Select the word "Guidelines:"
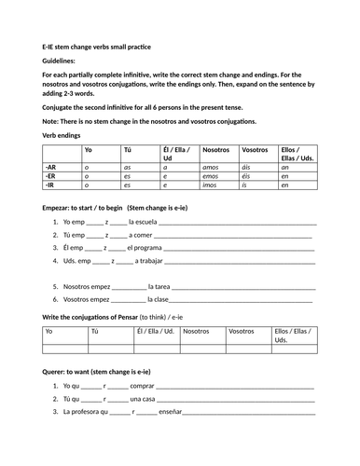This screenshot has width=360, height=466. [x=60, y=60]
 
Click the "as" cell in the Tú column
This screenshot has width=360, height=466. [x=126, y=165]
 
